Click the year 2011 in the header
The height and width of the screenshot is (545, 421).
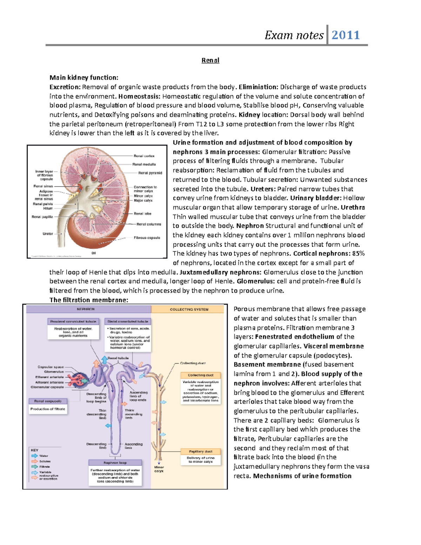pos(346,35)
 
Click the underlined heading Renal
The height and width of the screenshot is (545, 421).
pos(210,60)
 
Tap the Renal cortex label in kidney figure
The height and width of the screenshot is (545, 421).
pos(144,156)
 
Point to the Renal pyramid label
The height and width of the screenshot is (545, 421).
pos(150,173)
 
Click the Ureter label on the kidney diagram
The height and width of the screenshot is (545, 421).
pos(48,234)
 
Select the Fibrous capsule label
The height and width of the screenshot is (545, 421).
pos(147,238)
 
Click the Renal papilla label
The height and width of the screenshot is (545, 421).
pos(42,217)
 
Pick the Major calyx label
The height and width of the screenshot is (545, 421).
pos(143,200)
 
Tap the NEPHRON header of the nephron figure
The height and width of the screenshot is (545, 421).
pos(86,309)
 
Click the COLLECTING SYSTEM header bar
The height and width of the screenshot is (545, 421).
pos(189,310)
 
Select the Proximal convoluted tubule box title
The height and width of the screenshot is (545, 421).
pos(73,321)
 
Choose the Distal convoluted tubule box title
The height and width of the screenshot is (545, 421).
pos(128,321)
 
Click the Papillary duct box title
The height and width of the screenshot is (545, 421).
pos(201,452)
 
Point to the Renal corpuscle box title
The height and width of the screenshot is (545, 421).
pos(48,401)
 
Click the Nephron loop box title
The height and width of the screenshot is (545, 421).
pos(115,463)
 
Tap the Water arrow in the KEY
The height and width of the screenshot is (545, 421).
pos(35,456)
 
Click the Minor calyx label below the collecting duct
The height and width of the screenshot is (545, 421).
pos(159,469)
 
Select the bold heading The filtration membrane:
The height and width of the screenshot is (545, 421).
pos(89,300)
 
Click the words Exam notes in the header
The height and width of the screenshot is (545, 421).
pos(294,35)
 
